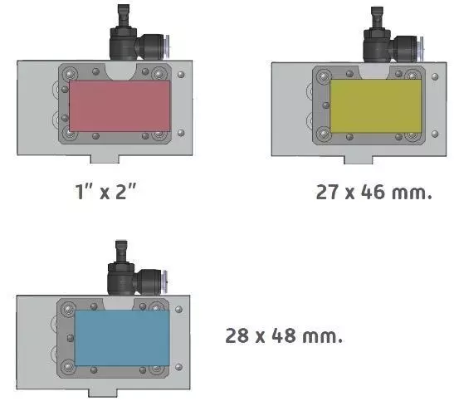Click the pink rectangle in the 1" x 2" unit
click(120, 106)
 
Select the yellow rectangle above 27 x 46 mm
click(376, 106)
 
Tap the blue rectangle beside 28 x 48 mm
click(122, 338)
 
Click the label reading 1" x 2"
click(105, 192)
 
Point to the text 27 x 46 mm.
click(373, 192)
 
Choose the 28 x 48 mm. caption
click(284, 335)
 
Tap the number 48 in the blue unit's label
click(284, 335)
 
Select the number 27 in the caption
click(328, 192)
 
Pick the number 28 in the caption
click(237, 335)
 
